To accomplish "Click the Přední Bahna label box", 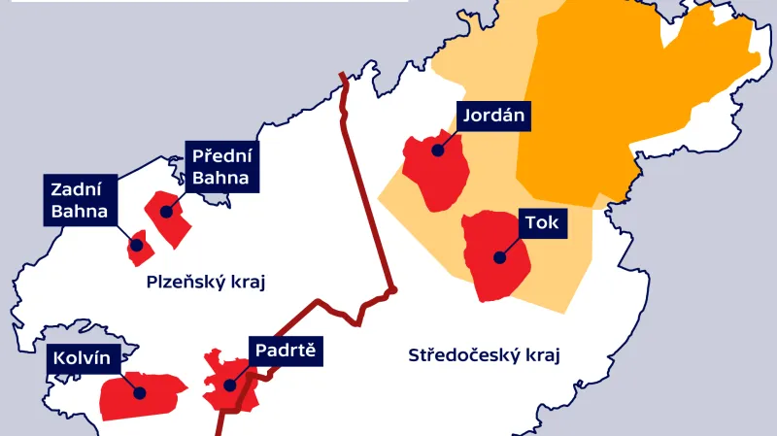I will [221, 166].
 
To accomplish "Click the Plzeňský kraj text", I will [205, 283].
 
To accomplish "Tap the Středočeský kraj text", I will [486, 354].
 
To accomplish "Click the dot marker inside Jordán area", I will [438, 151].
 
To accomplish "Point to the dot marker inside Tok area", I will [500, 257].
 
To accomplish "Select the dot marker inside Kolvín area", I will [139, 393].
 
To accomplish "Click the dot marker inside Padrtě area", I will [230, 385].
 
